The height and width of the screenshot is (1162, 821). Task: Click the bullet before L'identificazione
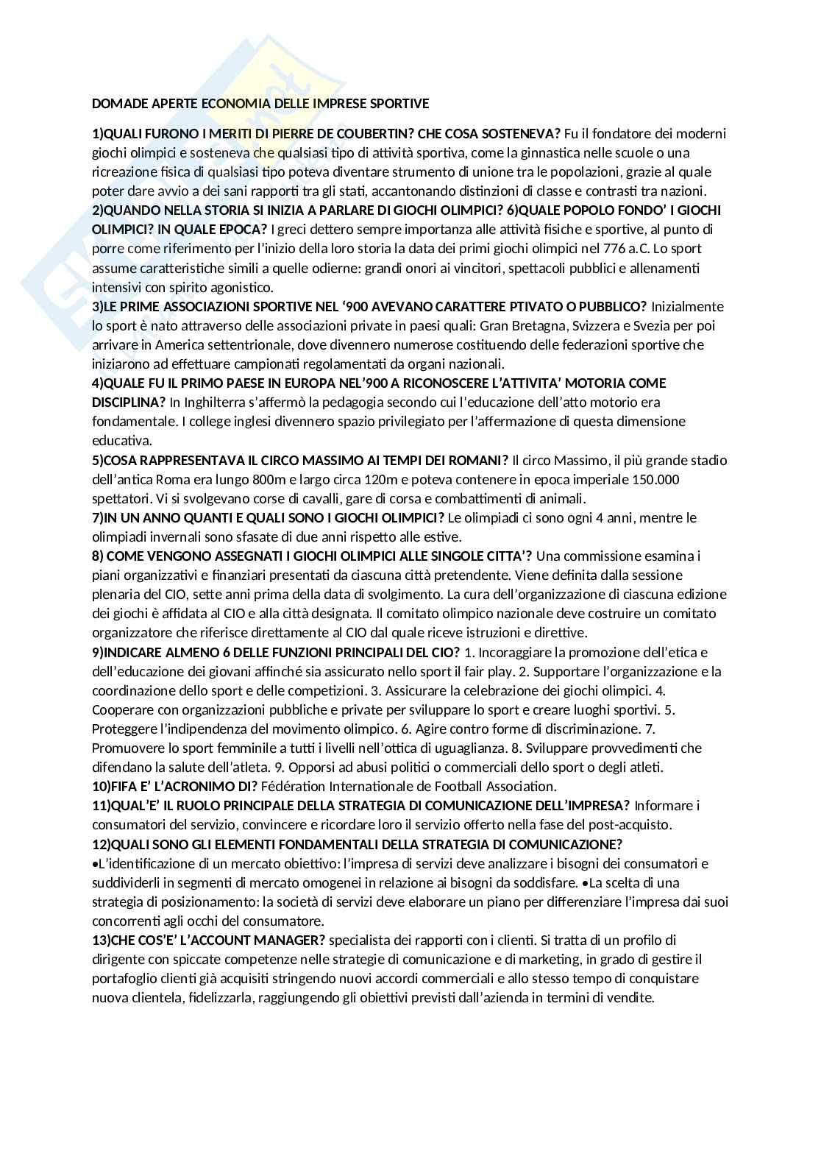(x=95, y=864)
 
